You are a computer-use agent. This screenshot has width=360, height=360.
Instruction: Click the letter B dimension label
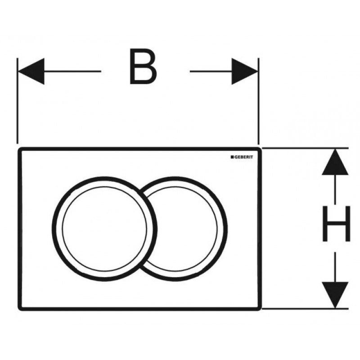143,66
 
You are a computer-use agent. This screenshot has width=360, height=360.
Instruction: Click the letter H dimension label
336,224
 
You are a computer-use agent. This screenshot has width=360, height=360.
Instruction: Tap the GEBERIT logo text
243,157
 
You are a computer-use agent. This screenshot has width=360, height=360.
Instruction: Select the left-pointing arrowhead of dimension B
31,72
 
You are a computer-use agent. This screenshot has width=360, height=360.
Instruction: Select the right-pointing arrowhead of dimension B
245,72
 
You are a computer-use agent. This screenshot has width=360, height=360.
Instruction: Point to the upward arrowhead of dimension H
335,162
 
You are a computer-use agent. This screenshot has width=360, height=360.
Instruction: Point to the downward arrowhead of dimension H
335,295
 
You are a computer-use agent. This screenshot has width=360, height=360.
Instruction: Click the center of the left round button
104,229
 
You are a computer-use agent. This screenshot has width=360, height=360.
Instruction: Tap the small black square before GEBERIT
232,157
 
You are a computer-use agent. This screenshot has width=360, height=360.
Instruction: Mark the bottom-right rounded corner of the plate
260,309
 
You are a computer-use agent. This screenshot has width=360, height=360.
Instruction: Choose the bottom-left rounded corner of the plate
19,309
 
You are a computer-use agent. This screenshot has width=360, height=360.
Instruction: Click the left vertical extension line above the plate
18,101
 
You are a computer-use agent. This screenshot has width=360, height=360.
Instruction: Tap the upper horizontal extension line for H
306,148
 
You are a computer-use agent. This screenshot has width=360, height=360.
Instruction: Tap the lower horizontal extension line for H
306,309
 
